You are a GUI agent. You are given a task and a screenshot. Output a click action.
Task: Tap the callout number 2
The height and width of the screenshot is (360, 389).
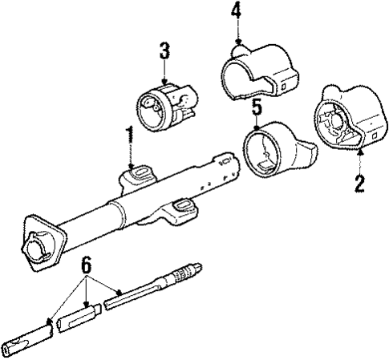[360, 183]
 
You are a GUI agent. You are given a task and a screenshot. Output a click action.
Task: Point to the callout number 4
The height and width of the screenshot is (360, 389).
[236, 12]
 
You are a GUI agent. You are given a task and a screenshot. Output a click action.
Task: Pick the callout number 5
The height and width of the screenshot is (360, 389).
[256, 107]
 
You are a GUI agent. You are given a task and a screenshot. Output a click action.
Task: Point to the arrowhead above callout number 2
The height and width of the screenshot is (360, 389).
[360, 150]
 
